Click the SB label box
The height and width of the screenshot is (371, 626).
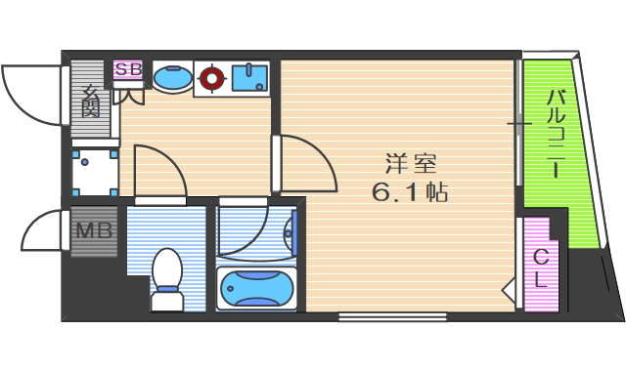(127, 69)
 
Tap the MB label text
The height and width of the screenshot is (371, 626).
(95, 232)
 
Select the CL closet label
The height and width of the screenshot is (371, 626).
(539, 266)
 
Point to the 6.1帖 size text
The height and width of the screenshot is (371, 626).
(409, 192)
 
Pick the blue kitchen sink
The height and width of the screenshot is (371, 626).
(251, 76)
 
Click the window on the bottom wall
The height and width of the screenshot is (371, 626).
(393, 316)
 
